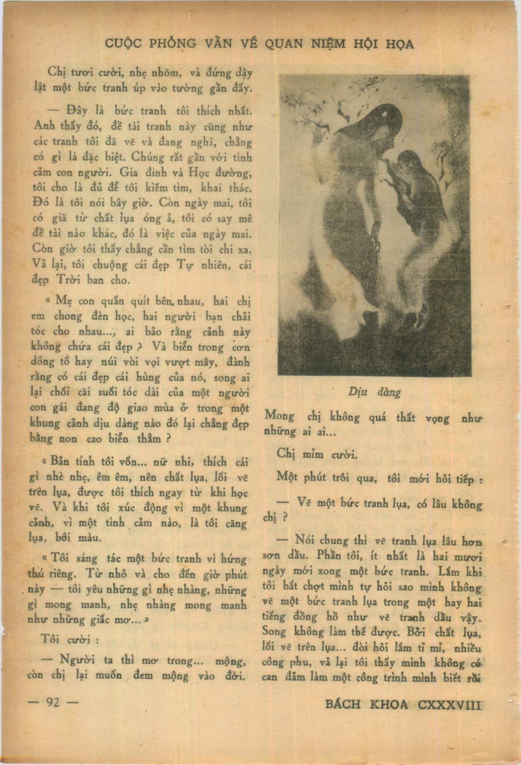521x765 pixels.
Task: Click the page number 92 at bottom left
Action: tap(53, 703)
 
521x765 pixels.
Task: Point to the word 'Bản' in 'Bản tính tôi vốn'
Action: tap(60, 462)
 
